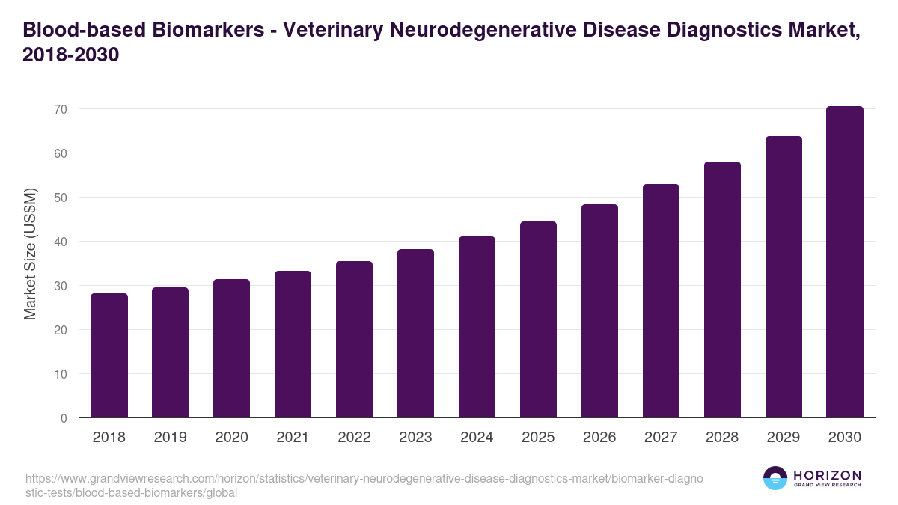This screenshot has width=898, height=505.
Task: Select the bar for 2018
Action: click(109, 355)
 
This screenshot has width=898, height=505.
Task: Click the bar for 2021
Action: click(293, 344)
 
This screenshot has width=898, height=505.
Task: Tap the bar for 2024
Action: click(477, 327)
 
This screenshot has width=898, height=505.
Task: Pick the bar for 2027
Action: click(661, 301)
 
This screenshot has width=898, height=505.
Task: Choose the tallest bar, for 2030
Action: click(845, 262)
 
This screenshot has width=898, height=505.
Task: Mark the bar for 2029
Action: click(784, 277)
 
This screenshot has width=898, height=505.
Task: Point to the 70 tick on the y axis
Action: click(61, 109)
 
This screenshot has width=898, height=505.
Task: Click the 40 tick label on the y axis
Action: click(61, 242)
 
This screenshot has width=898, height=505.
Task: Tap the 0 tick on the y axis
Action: click(64, 418)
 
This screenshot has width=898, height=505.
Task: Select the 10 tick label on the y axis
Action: click(61, 374)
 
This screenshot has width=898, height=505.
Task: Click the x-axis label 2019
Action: click(171, 438)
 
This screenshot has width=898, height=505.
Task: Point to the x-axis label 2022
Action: click(354, 438)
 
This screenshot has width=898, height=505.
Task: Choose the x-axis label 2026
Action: click(599, 438)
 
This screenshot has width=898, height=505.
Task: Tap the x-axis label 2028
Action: click(722, 438)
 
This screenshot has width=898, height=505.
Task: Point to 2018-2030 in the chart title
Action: click(71, 55)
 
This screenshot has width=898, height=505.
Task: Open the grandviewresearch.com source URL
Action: click(363, 486)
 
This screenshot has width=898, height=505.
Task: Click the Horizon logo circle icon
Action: click(775, 478)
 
